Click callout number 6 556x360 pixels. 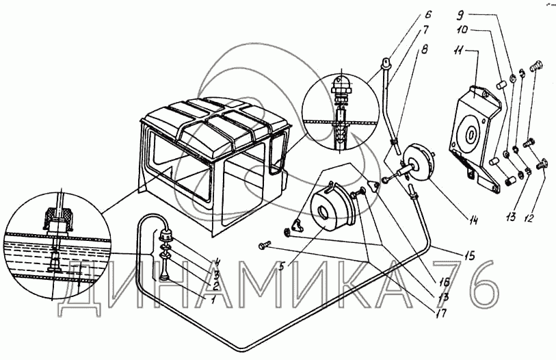click(x=428, y=14)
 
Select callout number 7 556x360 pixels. click(x=425, y=30)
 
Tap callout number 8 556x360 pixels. click(x=424, y=49)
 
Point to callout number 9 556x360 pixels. click(x=462, y=15)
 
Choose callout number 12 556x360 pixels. click(x=528, y=218)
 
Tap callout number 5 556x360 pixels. click(x=282, y=266)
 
